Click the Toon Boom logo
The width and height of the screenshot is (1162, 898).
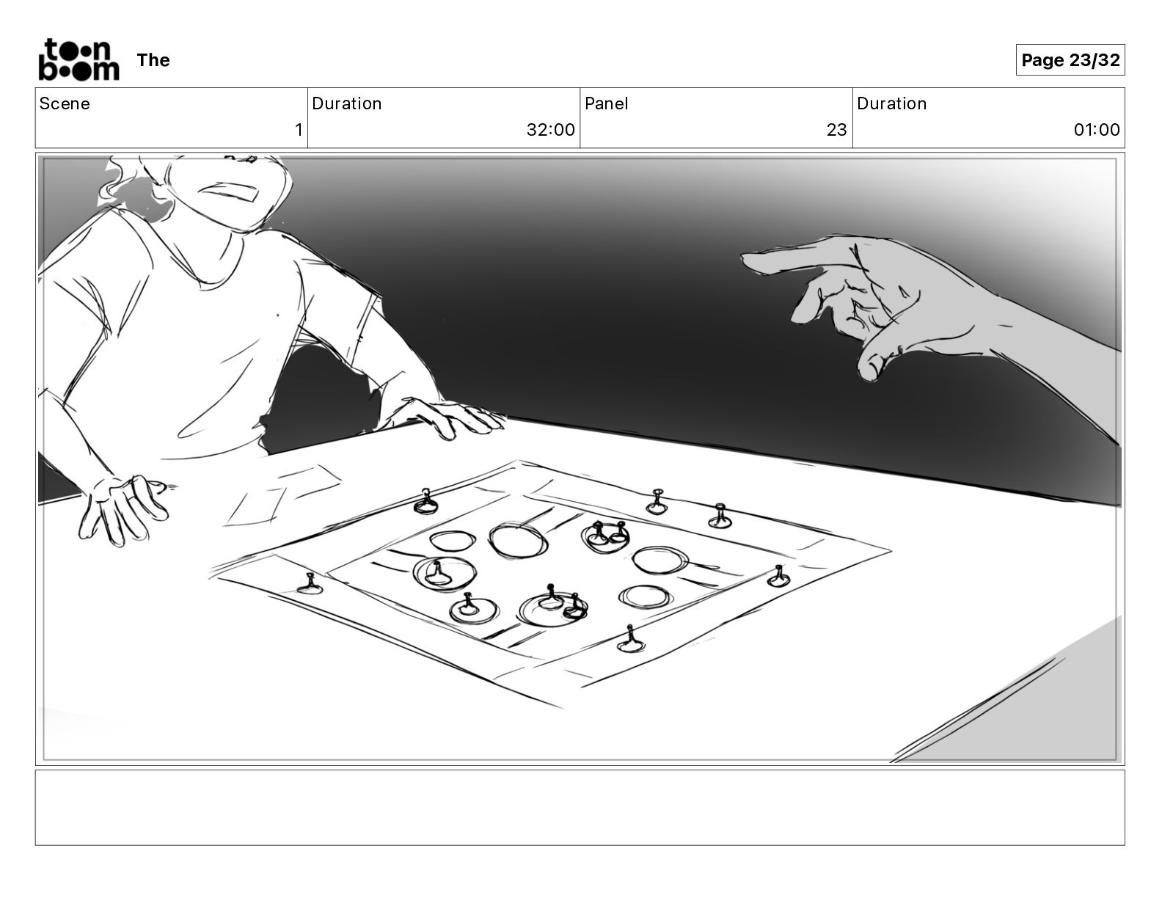pyautogui.click(x=78, y=59)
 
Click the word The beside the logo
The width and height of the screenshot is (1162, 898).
pyautogui.click(x=153, y=60)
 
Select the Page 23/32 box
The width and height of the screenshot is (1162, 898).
pyautogui.click(x=1070, y=60)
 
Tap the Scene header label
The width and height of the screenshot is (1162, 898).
pyautogui.click(x=64, y=103)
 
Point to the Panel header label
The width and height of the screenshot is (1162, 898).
pyautogui.click(x=606, y=103)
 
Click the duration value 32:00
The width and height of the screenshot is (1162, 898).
pyautogui.click(x=550, y=129)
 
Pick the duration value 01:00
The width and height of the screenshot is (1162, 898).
pyautogui.click(x=1096, y=129)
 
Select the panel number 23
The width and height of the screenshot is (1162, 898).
pyautogui.click(x=836, y=129)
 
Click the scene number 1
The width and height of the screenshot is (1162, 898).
pyautogui.click(x=299, y=129)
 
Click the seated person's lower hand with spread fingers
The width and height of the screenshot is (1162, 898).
pyautogui.click(x=124, y=508)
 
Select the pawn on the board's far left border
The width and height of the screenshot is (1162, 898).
pyautogui.click(x=310, y=584)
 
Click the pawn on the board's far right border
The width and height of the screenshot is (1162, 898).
pyautogui.click(x=778, y=576)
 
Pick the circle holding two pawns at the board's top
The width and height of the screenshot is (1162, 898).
pyautogui.click(x=605, y=537)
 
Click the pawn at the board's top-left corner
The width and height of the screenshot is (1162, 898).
pyautogui.click(x=425, y=502)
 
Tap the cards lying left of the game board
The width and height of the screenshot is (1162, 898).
pyautogui.click(x=282, y=494)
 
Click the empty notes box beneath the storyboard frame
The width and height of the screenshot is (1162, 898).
pyautogui.click(x=580, y=808)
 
